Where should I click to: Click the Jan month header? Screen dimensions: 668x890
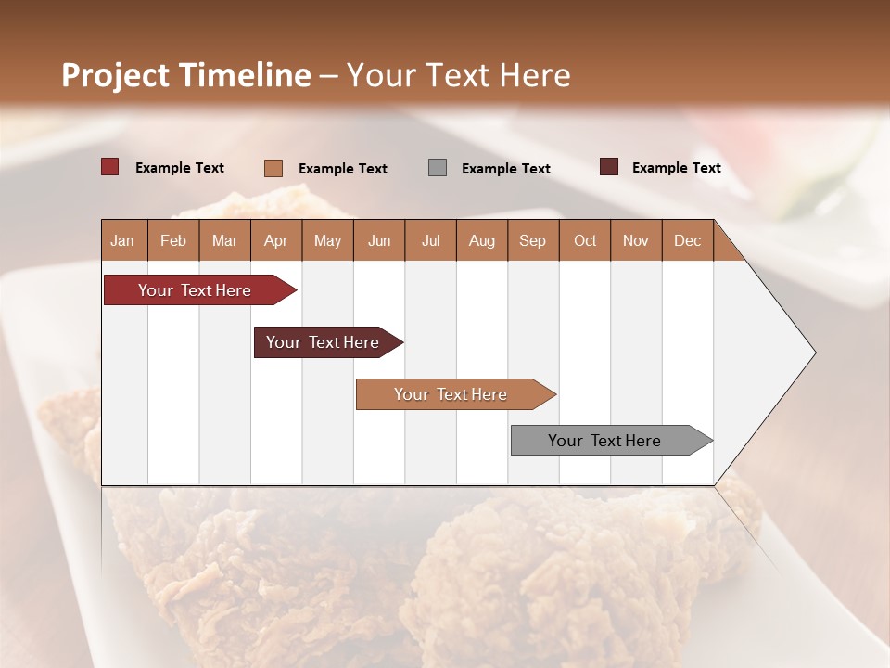tap(123, 240)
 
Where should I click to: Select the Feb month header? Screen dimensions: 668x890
tap(173, 240)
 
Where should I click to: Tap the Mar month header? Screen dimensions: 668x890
tap(224, 240)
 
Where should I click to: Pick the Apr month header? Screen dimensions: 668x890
tap(275, 240)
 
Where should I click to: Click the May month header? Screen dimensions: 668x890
tap(327, 240)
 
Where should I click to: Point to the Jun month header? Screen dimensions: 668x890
tap(379, 240)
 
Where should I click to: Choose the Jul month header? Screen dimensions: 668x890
tap(430, 240)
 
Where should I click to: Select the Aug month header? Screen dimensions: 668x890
tap(481, 240)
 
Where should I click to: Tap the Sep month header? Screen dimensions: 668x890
tap(532, 240)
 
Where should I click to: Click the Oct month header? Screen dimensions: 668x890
tap(585, 240)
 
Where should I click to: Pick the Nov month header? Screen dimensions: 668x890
tap(636, 240)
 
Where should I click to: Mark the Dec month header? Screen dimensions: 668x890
tap(687, 240)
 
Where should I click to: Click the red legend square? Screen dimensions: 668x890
tap(109, 167)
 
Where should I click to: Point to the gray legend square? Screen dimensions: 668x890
tap(438, 168)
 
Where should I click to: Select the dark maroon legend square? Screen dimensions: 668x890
tap(609, 167)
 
